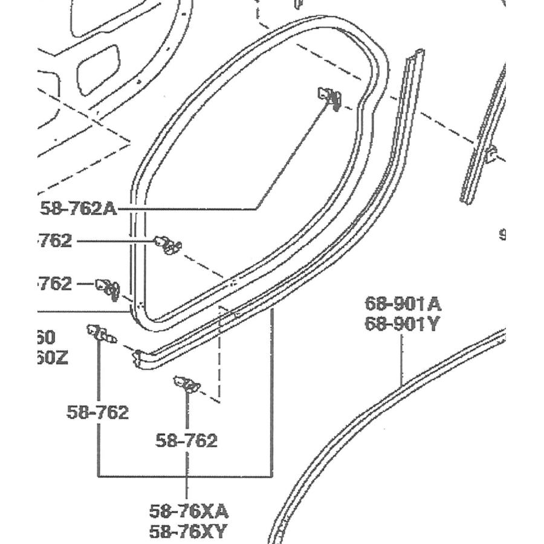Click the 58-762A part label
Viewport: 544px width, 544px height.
[78, 209]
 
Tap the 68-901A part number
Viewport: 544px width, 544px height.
[403, 303]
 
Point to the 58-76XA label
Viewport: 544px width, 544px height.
[189, 511]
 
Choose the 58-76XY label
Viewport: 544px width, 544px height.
[189, 533]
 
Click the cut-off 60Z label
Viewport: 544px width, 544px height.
[53, 358]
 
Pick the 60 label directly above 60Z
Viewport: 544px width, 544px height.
[47, 337]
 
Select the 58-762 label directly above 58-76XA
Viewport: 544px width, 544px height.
[186, 441]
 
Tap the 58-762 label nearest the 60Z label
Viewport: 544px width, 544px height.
[98, 412]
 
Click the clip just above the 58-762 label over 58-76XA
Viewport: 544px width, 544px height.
[187, 383]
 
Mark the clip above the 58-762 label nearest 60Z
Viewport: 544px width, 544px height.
[100, 333]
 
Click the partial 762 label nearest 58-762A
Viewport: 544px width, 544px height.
[55, 241]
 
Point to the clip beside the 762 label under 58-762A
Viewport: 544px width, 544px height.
[167, 244]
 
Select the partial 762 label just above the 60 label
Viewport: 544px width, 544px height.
[55, 283]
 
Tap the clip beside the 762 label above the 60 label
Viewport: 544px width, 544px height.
[108, 287]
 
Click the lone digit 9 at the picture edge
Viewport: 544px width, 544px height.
[502, 235]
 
